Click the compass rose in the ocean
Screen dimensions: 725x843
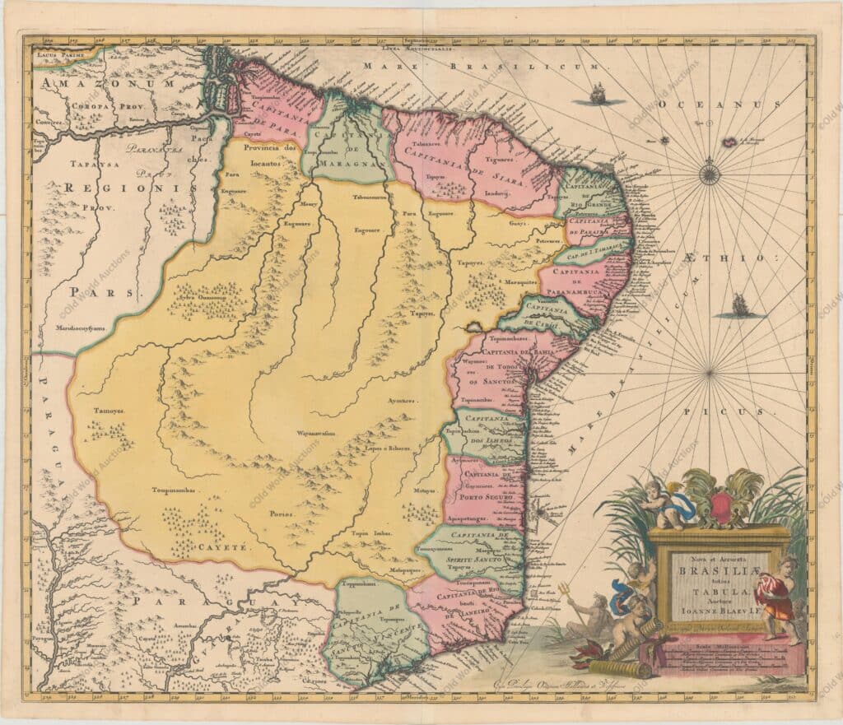(x=709, y=174)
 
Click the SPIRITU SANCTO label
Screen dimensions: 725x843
(x=474, y=559)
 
